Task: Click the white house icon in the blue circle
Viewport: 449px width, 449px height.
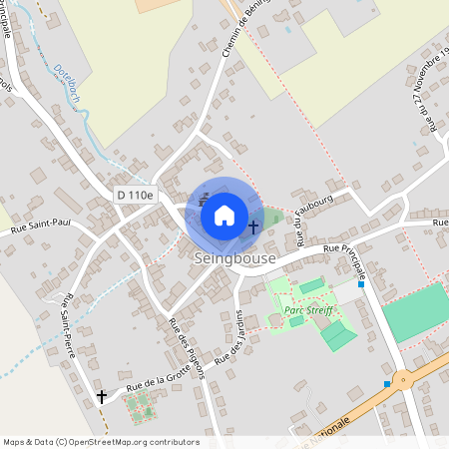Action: (224, 215)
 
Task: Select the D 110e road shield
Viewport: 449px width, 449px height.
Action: (134, 195)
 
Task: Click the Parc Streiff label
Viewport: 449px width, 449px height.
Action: (307, 310)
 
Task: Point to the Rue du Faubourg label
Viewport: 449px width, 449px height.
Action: (297, 223)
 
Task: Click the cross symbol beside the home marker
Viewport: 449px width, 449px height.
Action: (253, 227)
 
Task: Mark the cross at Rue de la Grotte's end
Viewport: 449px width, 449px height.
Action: (101, 397)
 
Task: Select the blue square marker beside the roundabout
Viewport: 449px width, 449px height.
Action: (386, 383)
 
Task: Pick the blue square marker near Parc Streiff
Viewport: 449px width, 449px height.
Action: (361, 284)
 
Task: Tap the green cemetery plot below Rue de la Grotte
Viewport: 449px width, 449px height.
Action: (140, 406)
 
